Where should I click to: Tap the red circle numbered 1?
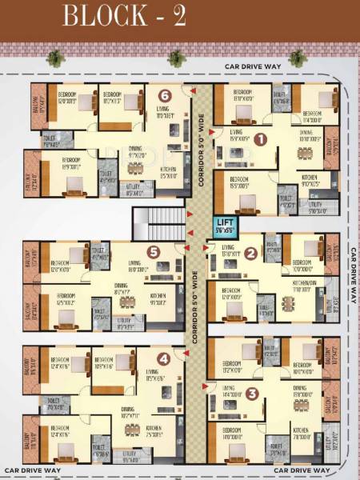click(260, 138)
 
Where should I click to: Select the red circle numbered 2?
click(250, 254)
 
